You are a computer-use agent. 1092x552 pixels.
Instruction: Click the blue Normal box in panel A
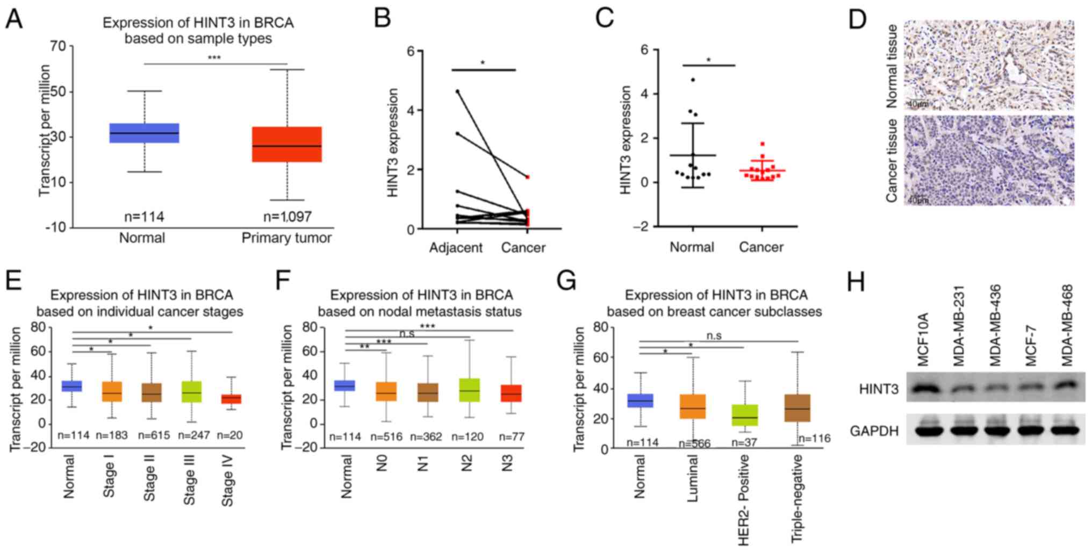pyautogui.click(x=144, y=133)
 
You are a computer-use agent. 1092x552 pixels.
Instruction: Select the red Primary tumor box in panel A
pyautogui.click(x=287, y=144)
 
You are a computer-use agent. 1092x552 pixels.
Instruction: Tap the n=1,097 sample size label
pyautogui.click(x=287, y=217)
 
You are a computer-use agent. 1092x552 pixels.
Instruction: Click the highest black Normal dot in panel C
pyautogui.click(x=693, y=80)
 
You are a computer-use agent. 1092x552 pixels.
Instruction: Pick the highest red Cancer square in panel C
pyautogui.click(x=762, y=144)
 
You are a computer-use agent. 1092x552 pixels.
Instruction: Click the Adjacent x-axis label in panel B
pyautogui.click(x=456, y=248)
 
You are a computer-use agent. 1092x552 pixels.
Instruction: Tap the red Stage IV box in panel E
pyautogui.click(x=232, y=399)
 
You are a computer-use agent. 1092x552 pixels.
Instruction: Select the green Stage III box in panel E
pyautogui.click(x=192, y=392)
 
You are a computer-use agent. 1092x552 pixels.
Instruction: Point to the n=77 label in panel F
pyautogui.click(x=511, y=437)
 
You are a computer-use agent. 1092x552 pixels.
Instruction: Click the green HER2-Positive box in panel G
pyautogui.click(x=744, y=415)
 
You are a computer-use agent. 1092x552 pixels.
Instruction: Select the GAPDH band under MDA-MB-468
pyautogui.click(x=1065, y=430)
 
